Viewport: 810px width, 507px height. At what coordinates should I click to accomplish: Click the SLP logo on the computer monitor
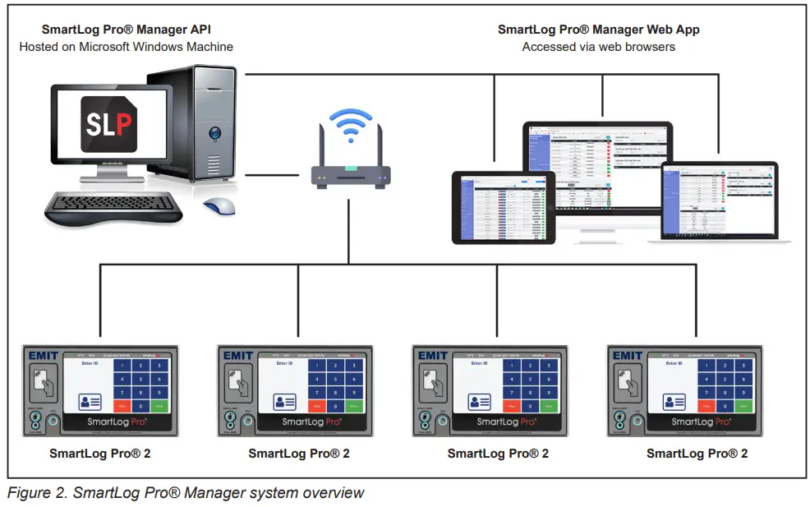click(x=110, y=124)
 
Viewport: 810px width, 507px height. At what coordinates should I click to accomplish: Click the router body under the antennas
click(x=350, y=175)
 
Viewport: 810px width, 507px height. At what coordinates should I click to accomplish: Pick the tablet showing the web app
click(x=504, y=206)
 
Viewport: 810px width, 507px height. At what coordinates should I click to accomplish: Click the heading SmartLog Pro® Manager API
click(x=126, y=30)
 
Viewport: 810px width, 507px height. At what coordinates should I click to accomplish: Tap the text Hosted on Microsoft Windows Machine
click(x=126, y=47)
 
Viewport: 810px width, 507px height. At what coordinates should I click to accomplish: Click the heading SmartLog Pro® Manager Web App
click(x=598, y=30)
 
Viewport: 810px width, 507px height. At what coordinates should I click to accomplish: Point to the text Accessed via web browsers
click(x=598, y=47)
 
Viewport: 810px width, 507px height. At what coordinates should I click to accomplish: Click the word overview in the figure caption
click(x=334, y=493)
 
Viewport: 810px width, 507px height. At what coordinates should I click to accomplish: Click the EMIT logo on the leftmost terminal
click(x=44, y=356)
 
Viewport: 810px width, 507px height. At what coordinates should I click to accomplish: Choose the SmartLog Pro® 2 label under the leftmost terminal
click(x=99, y=453)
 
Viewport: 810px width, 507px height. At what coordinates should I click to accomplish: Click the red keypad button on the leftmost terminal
click(x=122, y=406)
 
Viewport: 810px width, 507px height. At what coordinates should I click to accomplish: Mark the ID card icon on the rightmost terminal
click(x=673, y=402)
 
